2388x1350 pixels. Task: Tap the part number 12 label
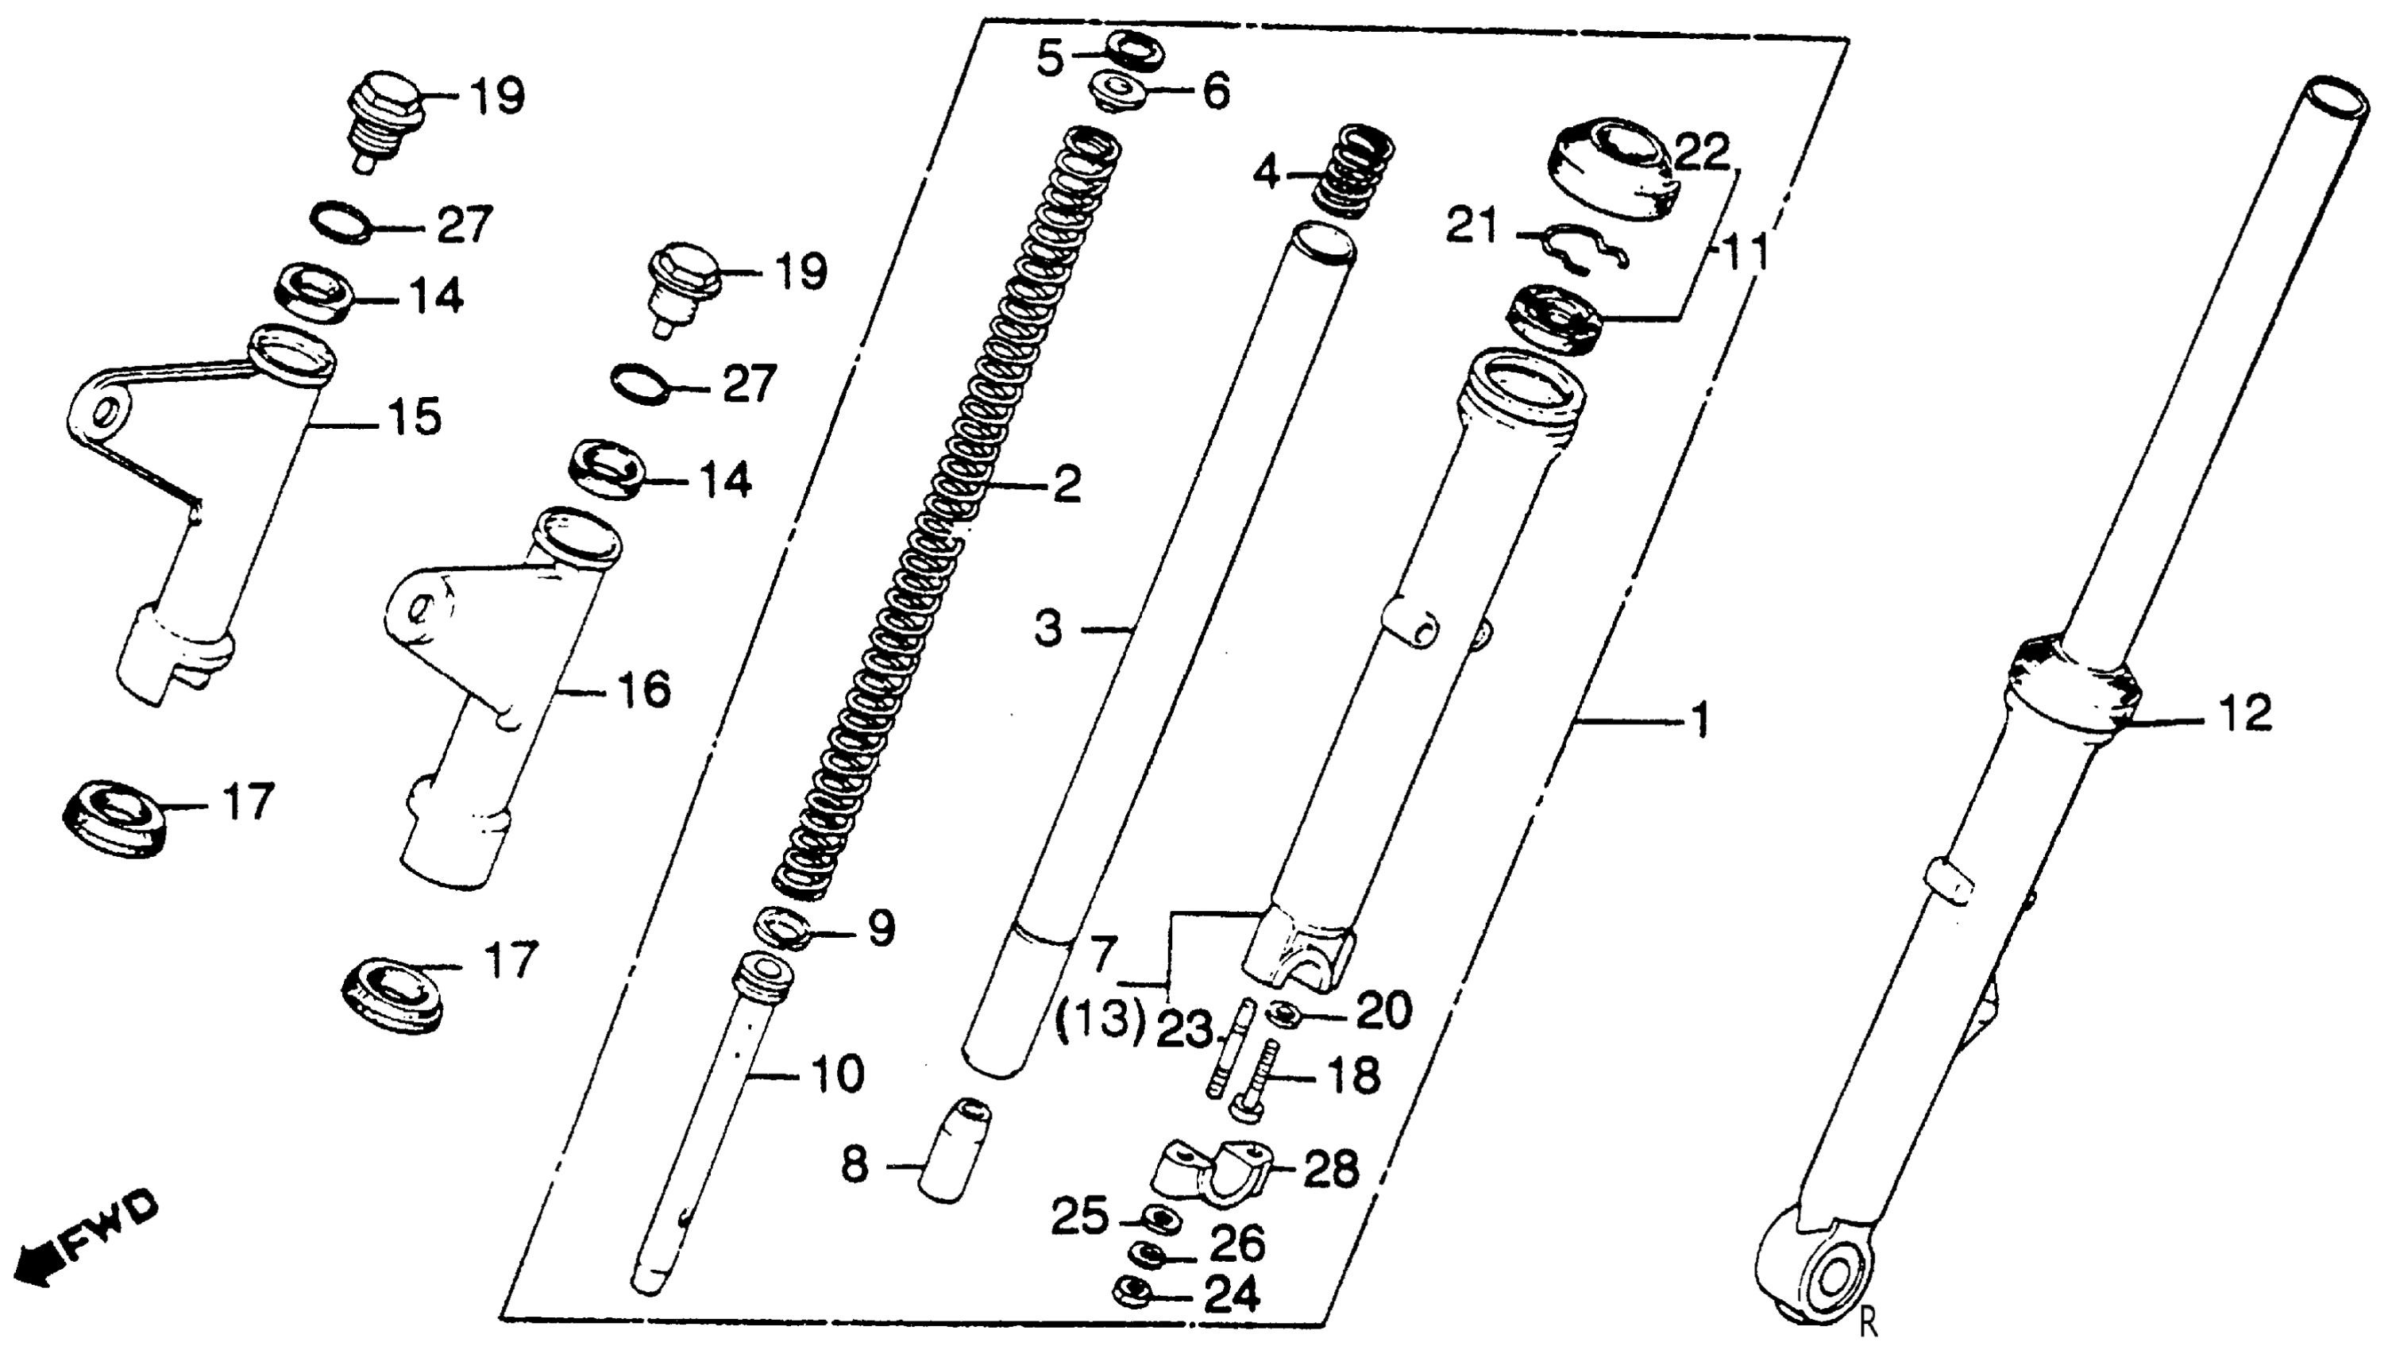(x=2244, y=714)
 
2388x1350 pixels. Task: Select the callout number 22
(x=1701, y=154)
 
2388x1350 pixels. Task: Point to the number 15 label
(x=414, y=418)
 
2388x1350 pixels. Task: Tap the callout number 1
(x=1699, y=721)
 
